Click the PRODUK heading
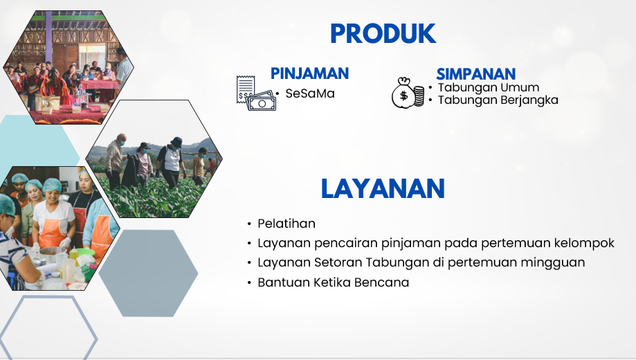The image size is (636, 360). [x=383, y=34]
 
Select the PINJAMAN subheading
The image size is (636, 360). [x=309, y=73]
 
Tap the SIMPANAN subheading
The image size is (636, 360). [x=475, y=74]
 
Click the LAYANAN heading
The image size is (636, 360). [x=382, y=189]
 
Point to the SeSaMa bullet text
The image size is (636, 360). [x=309, y=93]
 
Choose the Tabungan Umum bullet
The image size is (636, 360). [x=488, y=88]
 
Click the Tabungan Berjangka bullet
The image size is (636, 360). [x=498, y=100]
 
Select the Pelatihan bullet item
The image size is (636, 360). [x=286, y=224]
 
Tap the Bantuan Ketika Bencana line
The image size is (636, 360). [x=333, y=282]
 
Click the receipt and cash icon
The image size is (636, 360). [x=255, y=93]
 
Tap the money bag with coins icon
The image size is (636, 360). [x=408, y=93]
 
